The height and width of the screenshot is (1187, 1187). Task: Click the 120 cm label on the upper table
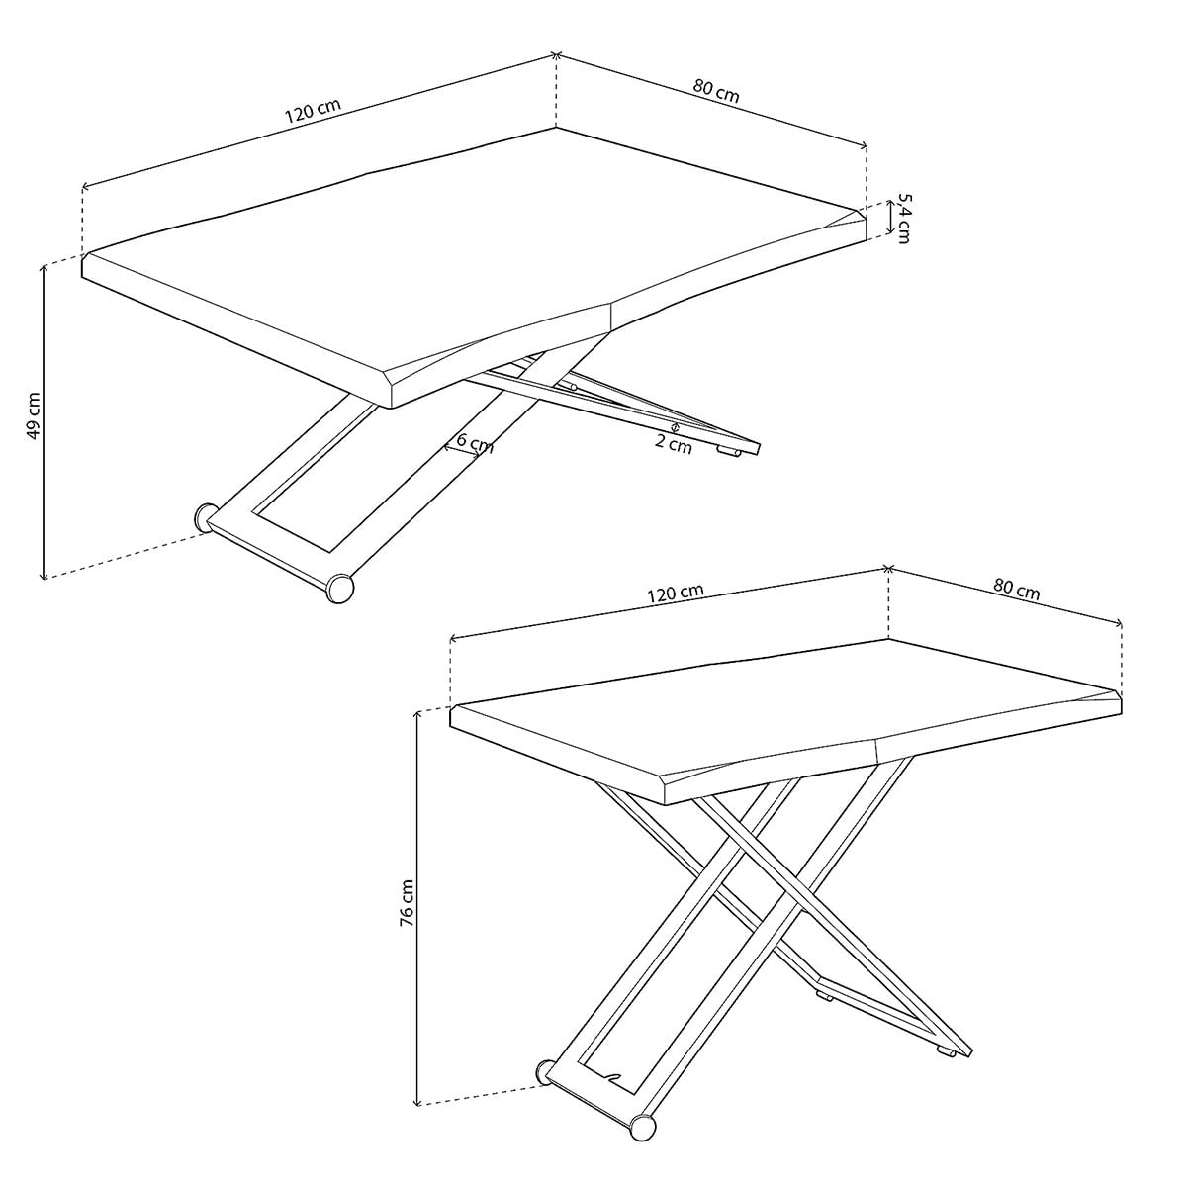[x=313, y=110]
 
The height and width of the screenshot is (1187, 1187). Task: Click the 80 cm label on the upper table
[x=716, y=91]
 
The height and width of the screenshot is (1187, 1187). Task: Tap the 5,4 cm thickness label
[x=904, y=218]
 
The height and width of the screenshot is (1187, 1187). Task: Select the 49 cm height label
[x=34, y=415]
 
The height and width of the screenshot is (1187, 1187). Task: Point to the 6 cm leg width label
[x=475, y=443]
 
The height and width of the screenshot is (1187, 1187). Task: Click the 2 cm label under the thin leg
[x=674, y=443]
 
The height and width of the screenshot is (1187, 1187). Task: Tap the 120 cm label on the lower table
[x=676, y=593]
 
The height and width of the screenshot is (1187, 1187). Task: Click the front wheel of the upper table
[x=340, y=589]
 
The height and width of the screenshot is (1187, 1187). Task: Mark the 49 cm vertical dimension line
[x=44, y=421]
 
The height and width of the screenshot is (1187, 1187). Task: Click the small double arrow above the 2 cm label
[x=676, y=426]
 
